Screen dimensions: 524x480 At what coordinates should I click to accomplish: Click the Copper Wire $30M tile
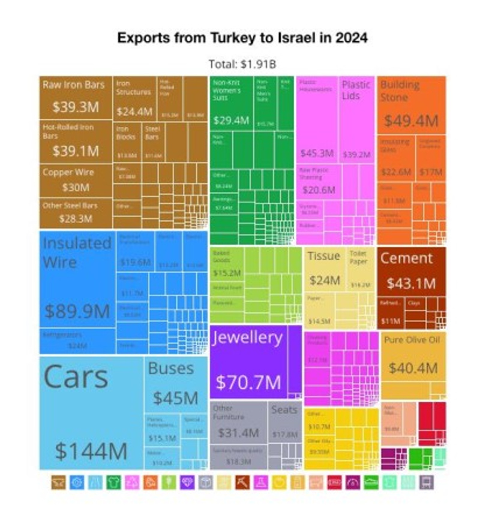(x=75, y=179)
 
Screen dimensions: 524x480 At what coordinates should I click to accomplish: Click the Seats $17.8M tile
(x=284, y=422)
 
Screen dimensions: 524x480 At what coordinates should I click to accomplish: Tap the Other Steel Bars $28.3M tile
(x=75, y=212)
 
